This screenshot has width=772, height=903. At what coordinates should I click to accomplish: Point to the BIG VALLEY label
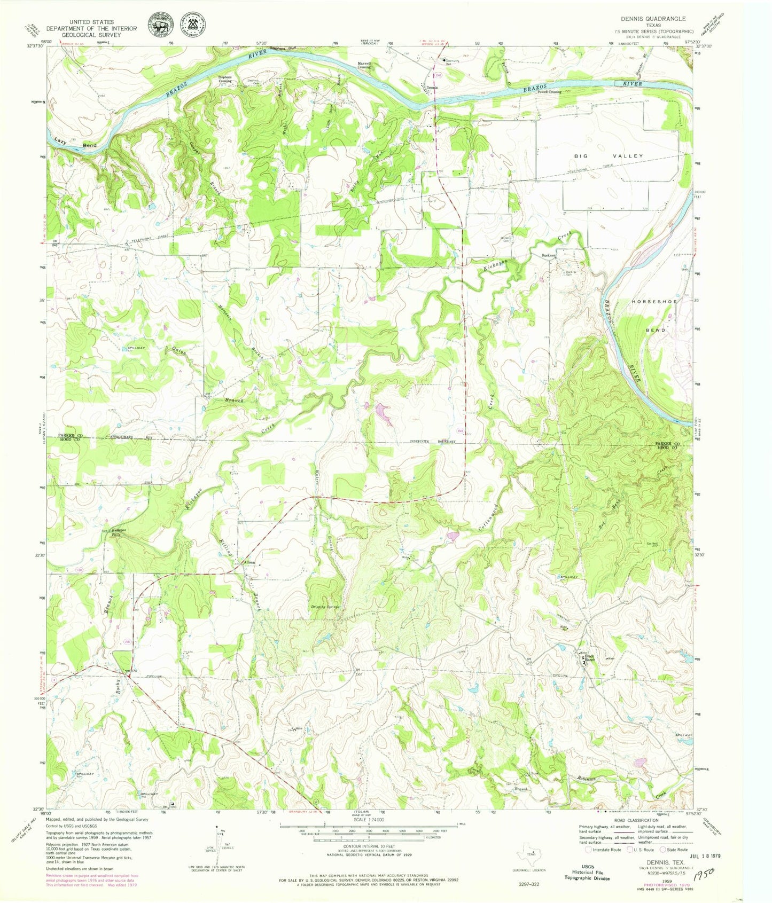pyautogui.click(x=609, y=156)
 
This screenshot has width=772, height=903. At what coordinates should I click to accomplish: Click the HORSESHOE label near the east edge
pyautogui.click(x=654, y=302)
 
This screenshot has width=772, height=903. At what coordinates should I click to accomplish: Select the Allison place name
pyautogui.click(x=249, y=563)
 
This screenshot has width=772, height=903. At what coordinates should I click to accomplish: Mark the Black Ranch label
pyautogui.click(x=589, y=658)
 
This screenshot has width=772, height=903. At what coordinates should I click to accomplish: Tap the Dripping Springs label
pyautogui.click(x=326, y=607)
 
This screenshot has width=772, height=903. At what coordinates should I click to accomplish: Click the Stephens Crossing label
pyautogui.click(x=225, y=78)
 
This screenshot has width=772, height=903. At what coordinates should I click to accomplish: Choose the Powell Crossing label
pyautogui.click(x=549, y=92)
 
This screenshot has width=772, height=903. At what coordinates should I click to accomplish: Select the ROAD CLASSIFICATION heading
pyautogui.click(x=636, y=820)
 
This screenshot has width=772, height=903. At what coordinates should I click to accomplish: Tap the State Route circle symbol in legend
pyautogui.click(x=662, y=849)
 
